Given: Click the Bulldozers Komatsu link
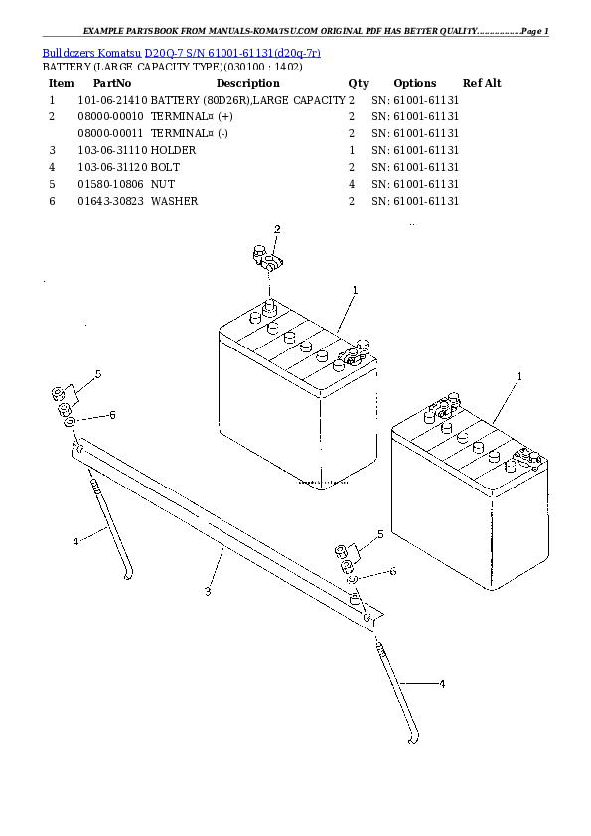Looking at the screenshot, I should tap(91, 51).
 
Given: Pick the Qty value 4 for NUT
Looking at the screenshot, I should tap(352, 184).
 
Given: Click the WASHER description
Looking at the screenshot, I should tap(174, 201).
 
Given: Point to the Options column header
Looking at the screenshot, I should tap(414, 83).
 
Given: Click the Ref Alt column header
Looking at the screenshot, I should tap(482, 83).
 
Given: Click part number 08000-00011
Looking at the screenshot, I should tap(110, 133).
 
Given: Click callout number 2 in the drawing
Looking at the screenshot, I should tap(277, 230).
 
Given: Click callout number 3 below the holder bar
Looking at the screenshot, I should tap(208, 593).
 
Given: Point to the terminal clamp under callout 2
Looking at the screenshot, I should tap(265, 262).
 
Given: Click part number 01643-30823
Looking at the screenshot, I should tap(110, 201).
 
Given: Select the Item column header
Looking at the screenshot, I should tap(61, 83).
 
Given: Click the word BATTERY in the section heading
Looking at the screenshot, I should tap(65, 67).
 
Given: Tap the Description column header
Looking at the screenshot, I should tap(247, 83).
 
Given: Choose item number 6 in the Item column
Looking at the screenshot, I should tap(51, 201).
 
